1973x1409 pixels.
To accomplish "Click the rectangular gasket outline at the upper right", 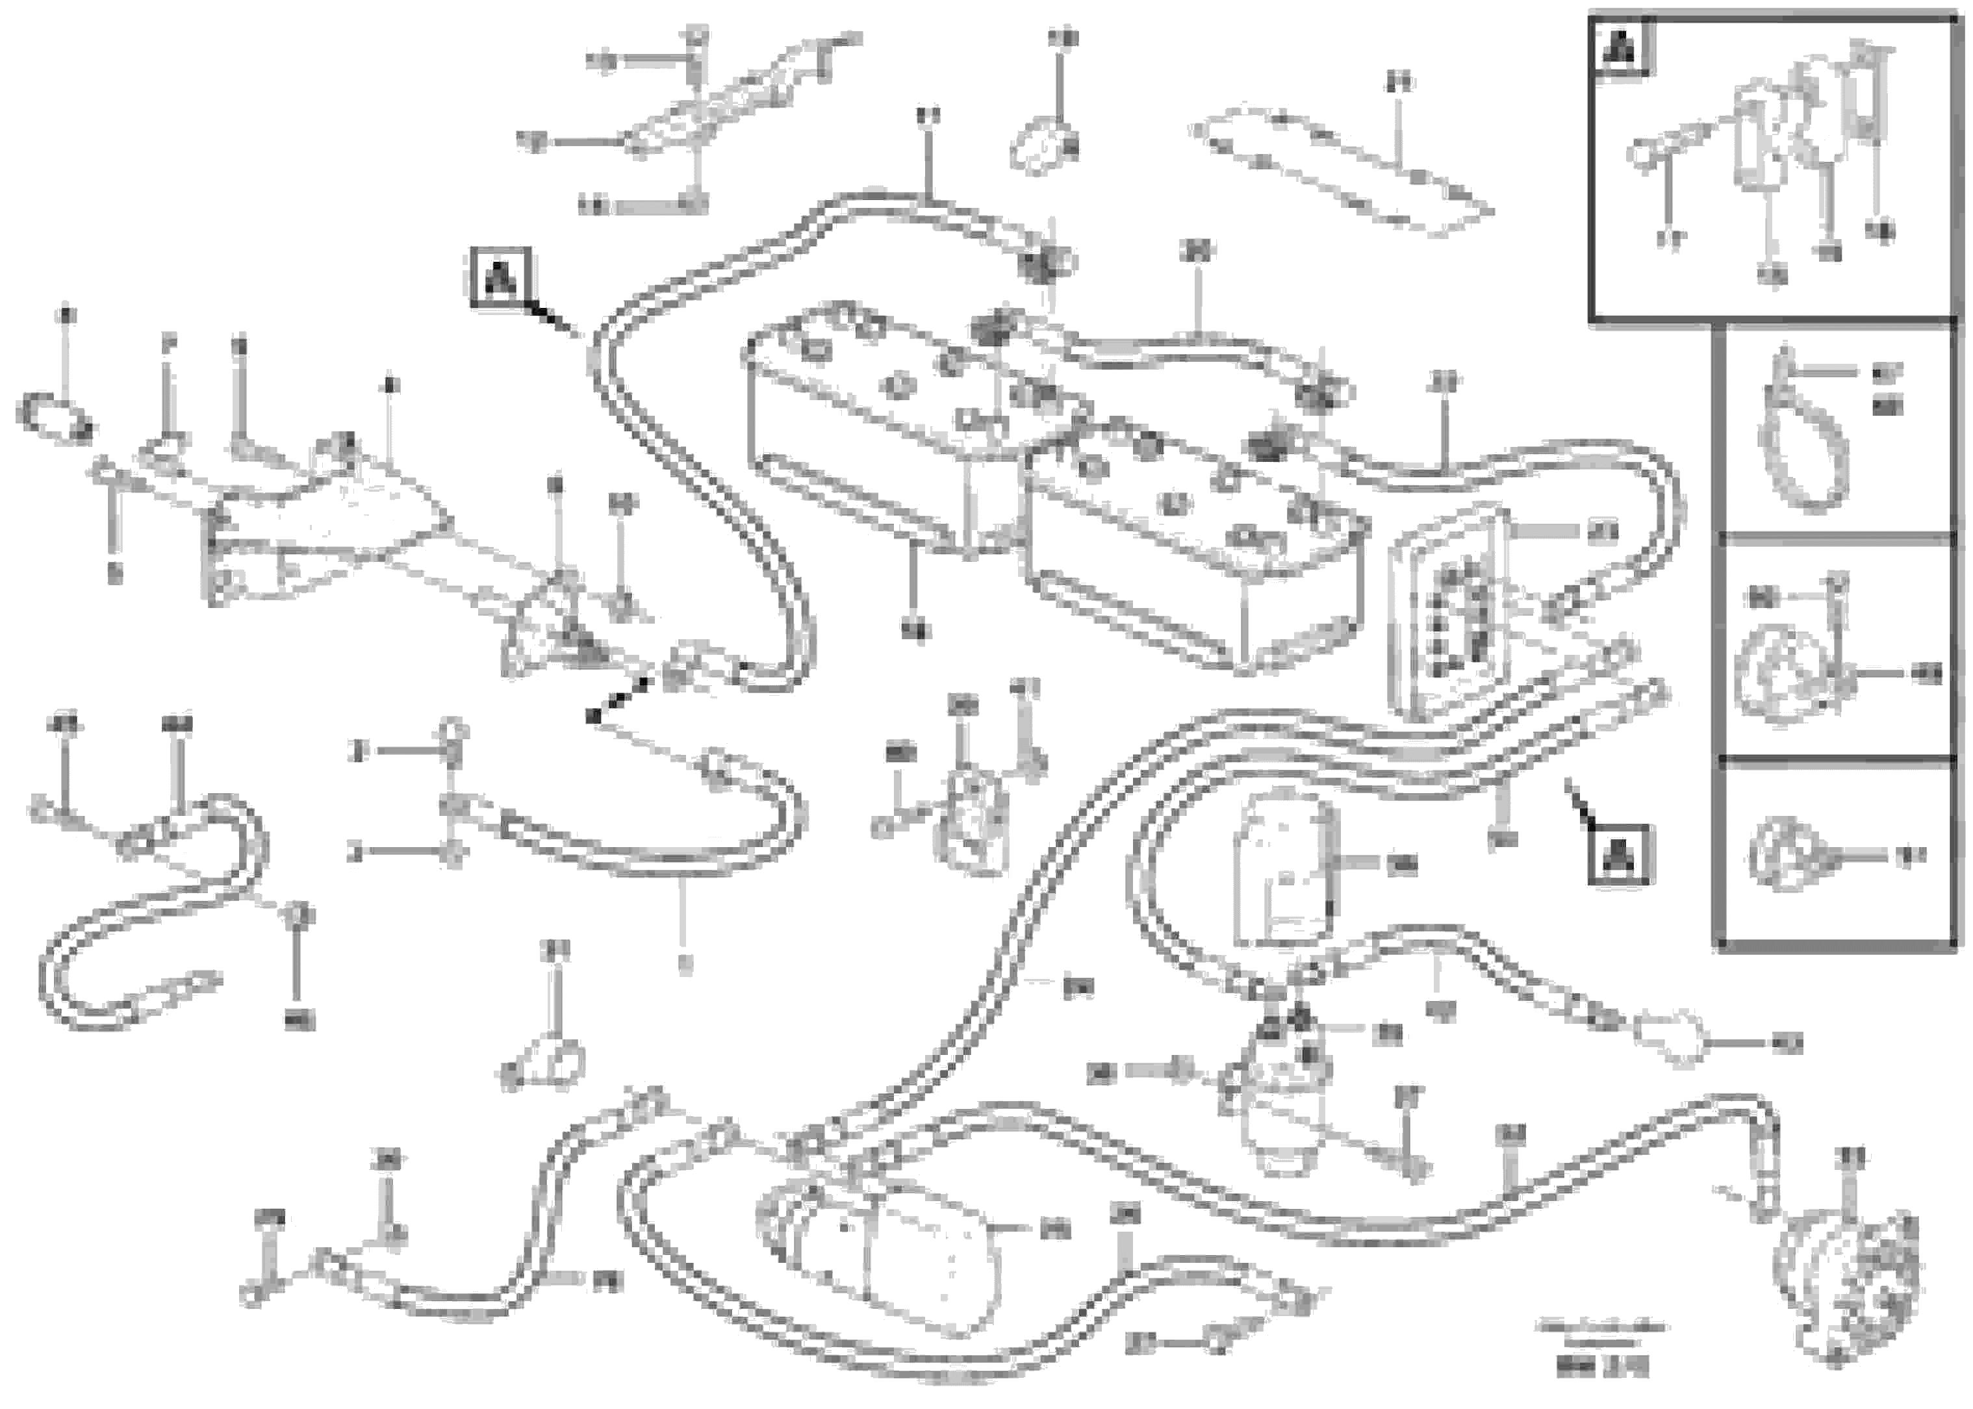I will pos(1340,169).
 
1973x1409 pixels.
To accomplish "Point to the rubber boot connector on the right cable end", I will pos(1670,1037).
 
